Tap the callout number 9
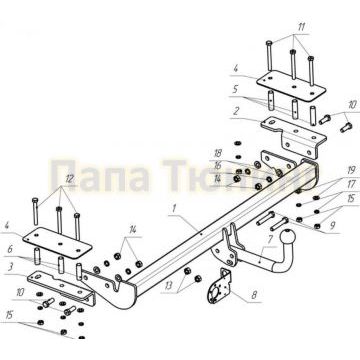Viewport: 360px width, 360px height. (x=330, y=227)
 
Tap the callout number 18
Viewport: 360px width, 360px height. (x=217, y=152)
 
